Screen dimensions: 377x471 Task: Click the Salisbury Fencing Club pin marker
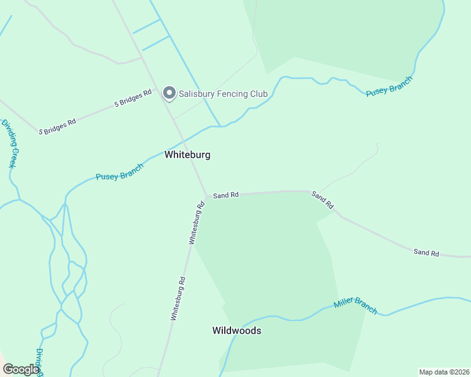click(169, 93)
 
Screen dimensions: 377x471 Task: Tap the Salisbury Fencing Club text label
click(223, 94)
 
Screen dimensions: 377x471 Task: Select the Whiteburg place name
click(187, 155)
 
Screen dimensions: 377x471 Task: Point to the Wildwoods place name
click(237, 331)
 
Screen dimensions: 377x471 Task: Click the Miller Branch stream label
click(355, 305)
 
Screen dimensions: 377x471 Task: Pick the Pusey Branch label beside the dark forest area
click(389, 87)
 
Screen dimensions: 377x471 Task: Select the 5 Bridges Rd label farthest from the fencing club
click(57, 126)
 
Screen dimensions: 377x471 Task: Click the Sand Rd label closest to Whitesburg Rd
click(225, 195)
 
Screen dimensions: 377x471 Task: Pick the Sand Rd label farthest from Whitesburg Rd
click(426, 253)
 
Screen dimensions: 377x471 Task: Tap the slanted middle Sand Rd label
click(322, 200)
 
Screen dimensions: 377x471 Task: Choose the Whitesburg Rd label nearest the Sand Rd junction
click(197, 222)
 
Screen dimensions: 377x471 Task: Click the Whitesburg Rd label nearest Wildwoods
click(178, 299)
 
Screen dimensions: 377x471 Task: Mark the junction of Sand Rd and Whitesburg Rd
click(206, 195)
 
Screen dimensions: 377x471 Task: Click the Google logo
click(21, 369)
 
